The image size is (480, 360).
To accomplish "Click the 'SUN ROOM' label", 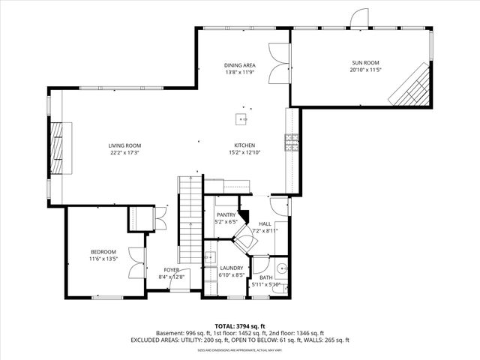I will [x=365, y=63].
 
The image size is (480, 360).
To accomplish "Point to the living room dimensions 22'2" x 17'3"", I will [x=124, y=153].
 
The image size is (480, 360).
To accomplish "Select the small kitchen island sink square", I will [x=241, y=118].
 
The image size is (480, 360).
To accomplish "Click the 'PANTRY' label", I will [x=226, y=214].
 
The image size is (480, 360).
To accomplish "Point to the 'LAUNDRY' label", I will [x=230, y=268].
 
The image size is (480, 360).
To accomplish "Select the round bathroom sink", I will [x=282, y=268].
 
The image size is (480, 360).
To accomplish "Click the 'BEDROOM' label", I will [x=103, y=252].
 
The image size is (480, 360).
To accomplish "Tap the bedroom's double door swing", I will [x=134, y=263].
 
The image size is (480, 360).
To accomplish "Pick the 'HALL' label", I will [x=265, y=224].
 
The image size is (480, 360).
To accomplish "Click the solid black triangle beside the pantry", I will [x=244, y=216].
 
